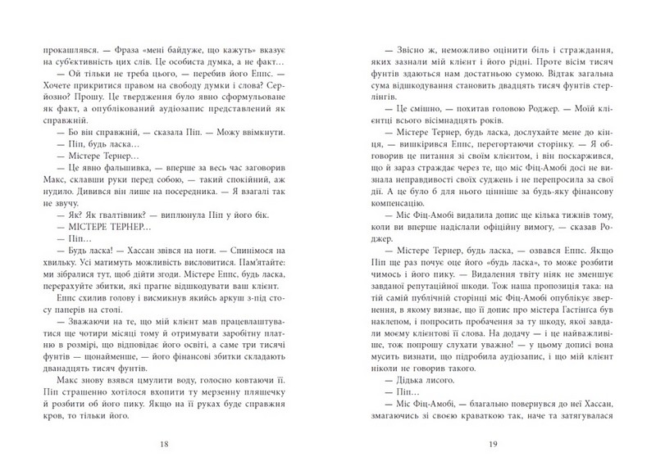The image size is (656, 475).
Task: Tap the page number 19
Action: coord(493,444)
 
